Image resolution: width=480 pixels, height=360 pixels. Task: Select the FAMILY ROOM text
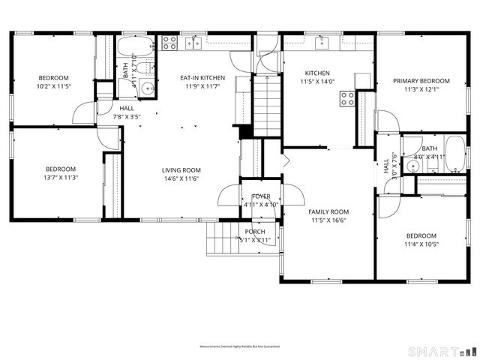329,211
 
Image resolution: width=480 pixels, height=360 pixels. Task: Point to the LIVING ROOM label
181,170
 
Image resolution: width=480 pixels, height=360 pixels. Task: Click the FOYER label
261,196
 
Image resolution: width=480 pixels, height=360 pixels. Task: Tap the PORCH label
255,232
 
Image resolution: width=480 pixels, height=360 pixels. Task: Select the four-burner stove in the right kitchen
347,97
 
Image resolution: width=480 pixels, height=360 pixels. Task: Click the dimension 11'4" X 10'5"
421,244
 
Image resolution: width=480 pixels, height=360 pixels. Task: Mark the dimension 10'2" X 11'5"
53,86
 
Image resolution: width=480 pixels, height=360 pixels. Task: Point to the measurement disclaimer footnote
239,346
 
